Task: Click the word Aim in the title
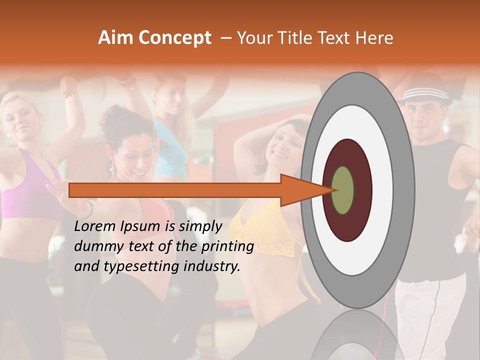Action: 115,38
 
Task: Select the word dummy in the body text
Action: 95,246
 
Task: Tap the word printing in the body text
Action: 228,246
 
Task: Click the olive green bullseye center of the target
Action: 343,190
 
